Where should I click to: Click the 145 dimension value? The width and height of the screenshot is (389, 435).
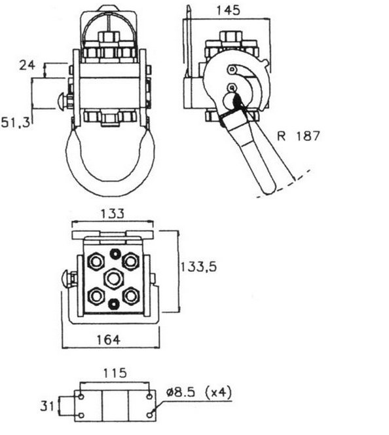[x=228, y=10]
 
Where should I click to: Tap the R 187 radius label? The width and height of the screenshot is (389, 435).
[x=299, y=136]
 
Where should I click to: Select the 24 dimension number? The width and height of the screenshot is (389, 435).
[x=27, y=66]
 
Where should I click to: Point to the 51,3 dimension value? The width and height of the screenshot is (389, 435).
[x=16, y=123]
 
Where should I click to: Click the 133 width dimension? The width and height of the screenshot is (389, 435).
[x=112, y=214]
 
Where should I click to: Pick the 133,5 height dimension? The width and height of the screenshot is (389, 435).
[x=198, y=267]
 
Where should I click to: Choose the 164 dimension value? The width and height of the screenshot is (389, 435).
[x=108, y=340]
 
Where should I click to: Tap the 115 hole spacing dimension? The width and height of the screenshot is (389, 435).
[x=115, y=373]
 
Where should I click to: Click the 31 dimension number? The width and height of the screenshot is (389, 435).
[x=47, y=406]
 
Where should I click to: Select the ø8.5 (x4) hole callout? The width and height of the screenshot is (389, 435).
[x=198, y=393]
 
